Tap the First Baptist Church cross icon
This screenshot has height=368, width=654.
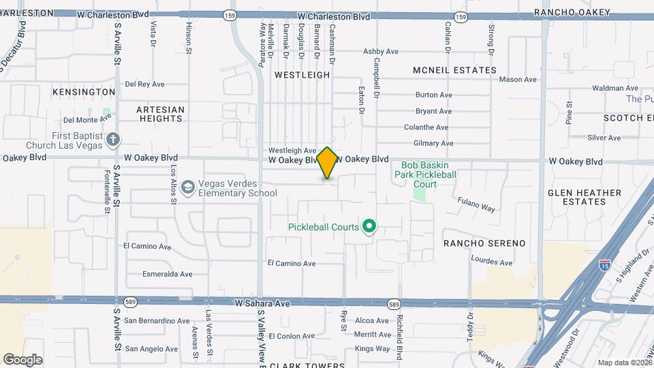pyautogui.click(x=113, y=140)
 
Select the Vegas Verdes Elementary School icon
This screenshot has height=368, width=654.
pyautogui.click(x=188, y=185)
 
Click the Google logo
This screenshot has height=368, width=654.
pyautogui.click(x=22, y=360)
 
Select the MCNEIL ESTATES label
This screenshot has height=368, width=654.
pyautogui.click(x=454, y=70)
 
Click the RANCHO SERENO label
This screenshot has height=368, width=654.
pyautogui.click(x=484, y=243)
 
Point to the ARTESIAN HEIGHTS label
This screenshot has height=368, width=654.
pyautogui.click(x=160, y=114)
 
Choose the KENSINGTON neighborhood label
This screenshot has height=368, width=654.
pyautogui.click(x=84, y=91)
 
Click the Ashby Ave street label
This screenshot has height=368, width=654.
pyautogui.click(x=381, y=51)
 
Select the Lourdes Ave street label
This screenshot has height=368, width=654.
pyautogui.click(x=491, y=262)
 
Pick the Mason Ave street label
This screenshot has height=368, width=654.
pyautogui.click(x=518, y=79)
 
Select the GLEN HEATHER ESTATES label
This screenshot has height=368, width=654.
pyautogui.click(x=585, y=197)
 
